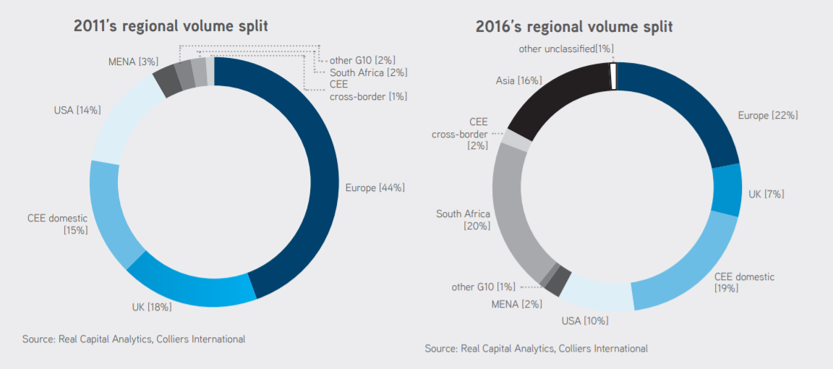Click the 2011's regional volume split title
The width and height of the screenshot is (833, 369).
tap(171, 27)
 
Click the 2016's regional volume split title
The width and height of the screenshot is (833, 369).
tap(573, 27)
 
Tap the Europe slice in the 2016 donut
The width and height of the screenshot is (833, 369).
tap(687, 101)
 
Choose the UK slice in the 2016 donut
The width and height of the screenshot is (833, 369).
tap(726, 190)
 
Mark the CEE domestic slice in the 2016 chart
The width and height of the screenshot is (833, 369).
tap(687, 268)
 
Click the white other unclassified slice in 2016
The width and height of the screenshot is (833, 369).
tap(614, 75)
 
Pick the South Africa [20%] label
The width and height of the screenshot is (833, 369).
tap(463, 220)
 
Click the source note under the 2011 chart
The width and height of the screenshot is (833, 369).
tap(134, 339)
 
